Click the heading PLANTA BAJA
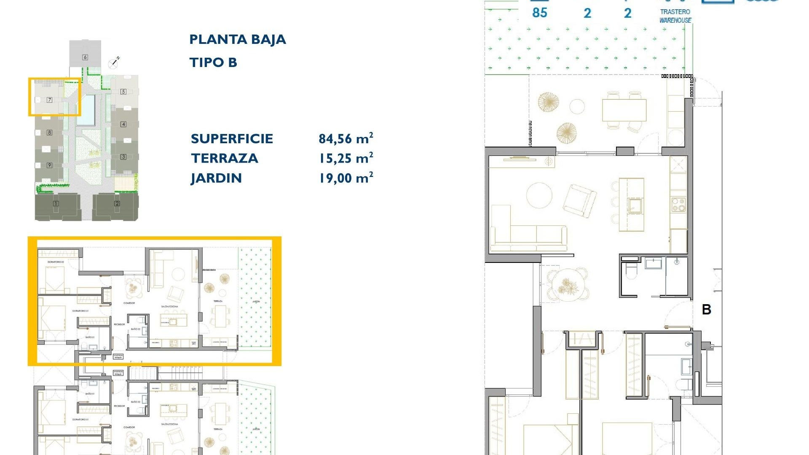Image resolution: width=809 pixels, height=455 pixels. (x=238, y=40)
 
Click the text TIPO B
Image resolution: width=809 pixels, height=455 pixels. (x=213, y=63)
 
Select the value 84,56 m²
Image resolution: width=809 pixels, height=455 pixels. (x=346, y=139)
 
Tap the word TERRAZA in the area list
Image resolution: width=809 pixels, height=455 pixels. (x=224, y=158)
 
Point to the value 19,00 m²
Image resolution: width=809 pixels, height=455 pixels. (x=346, y=178)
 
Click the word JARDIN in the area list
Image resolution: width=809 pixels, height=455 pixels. (x=216, y=178)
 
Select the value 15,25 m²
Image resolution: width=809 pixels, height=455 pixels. (x=346, y=158)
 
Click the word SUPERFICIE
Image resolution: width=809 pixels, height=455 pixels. (x=232, y=139)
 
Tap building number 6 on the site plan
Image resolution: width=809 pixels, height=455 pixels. (x=85, y=57)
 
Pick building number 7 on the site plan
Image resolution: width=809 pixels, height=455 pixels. (x=49, y=100)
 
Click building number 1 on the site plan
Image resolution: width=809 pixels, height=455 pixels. (x=56, y=204)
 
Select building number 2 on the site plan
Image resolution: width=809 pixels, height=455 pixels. (x=117, y=204)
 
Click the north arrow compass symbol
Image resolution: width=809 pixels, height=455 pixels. (x=113, y=63)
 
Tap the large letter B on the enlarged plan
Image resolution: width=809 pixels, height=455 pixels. (x=707, y=310)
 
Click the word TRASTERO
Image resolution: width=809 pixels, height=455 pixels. (x=675, y=12)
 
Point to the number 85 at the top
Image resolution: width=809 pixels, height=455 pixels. (x=539, y=13)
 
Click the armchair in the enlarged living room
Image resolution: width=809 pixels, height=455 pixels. (x=580, y=201)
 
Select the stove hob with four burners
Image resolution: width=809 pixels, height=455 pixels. (x=678, y=205)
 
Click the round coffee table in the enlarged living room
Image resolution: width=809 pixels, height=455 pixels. (x=540, y=195)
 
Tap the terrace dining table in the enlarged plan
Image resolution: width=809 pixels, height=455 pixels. (x=624, y=110)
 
